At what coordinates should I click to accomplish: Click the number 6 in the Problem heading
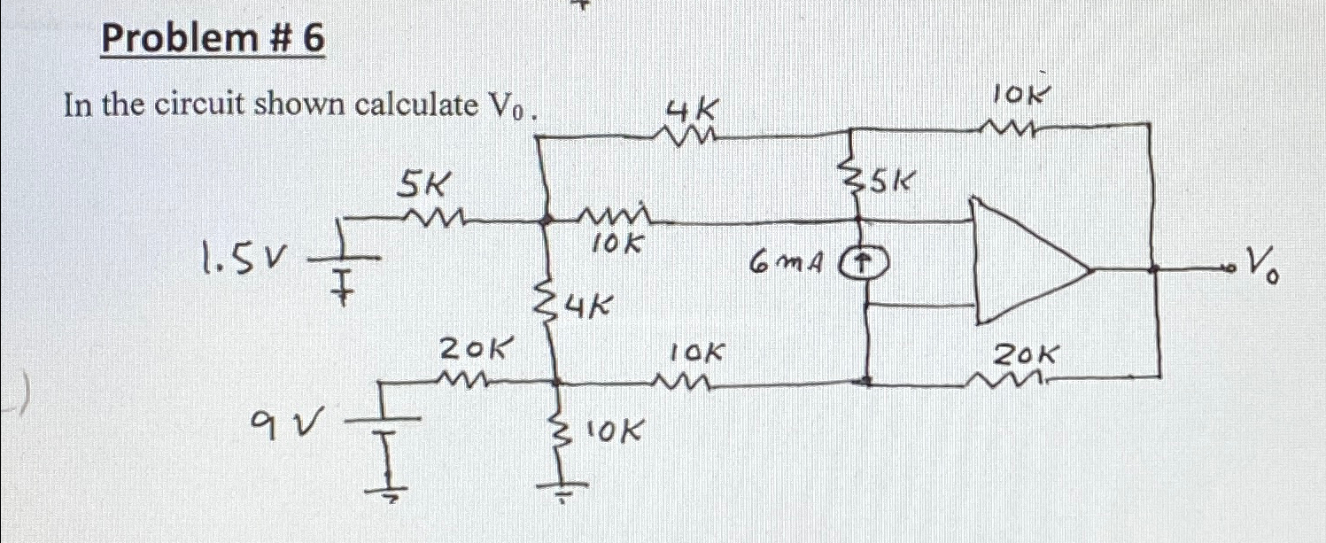tap(312, 39)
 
